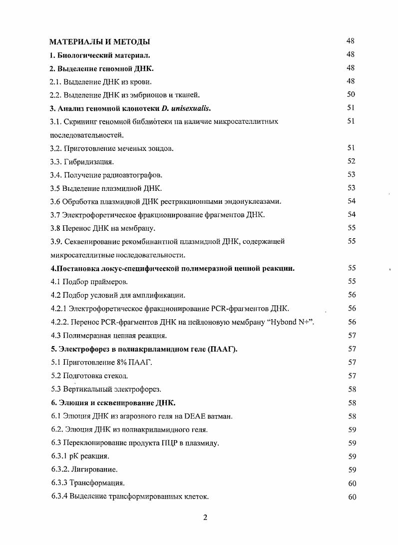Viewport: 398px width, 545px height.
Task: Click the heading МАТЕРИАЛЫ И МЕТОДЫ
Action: click(x=100, y=41)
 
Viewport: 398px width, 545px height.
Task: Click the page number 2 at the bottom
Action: click(x=205, y=518)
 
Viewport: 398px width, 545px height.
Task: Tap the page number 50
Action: click(x=351, y=94)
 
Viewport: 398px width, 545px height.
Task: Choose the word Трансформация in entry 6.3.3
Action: click(x=96, y=483)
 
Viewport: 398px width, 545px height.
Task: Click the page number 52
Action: click(x=351, y=161)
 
